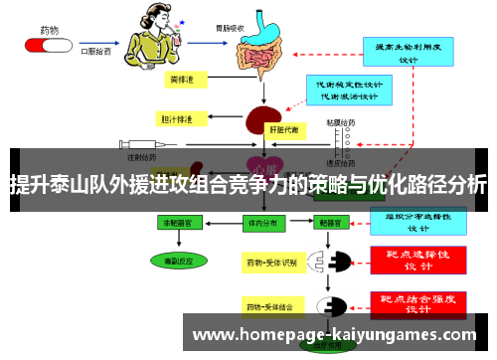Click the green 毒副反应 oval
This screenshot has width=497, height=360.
point(181,260)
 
